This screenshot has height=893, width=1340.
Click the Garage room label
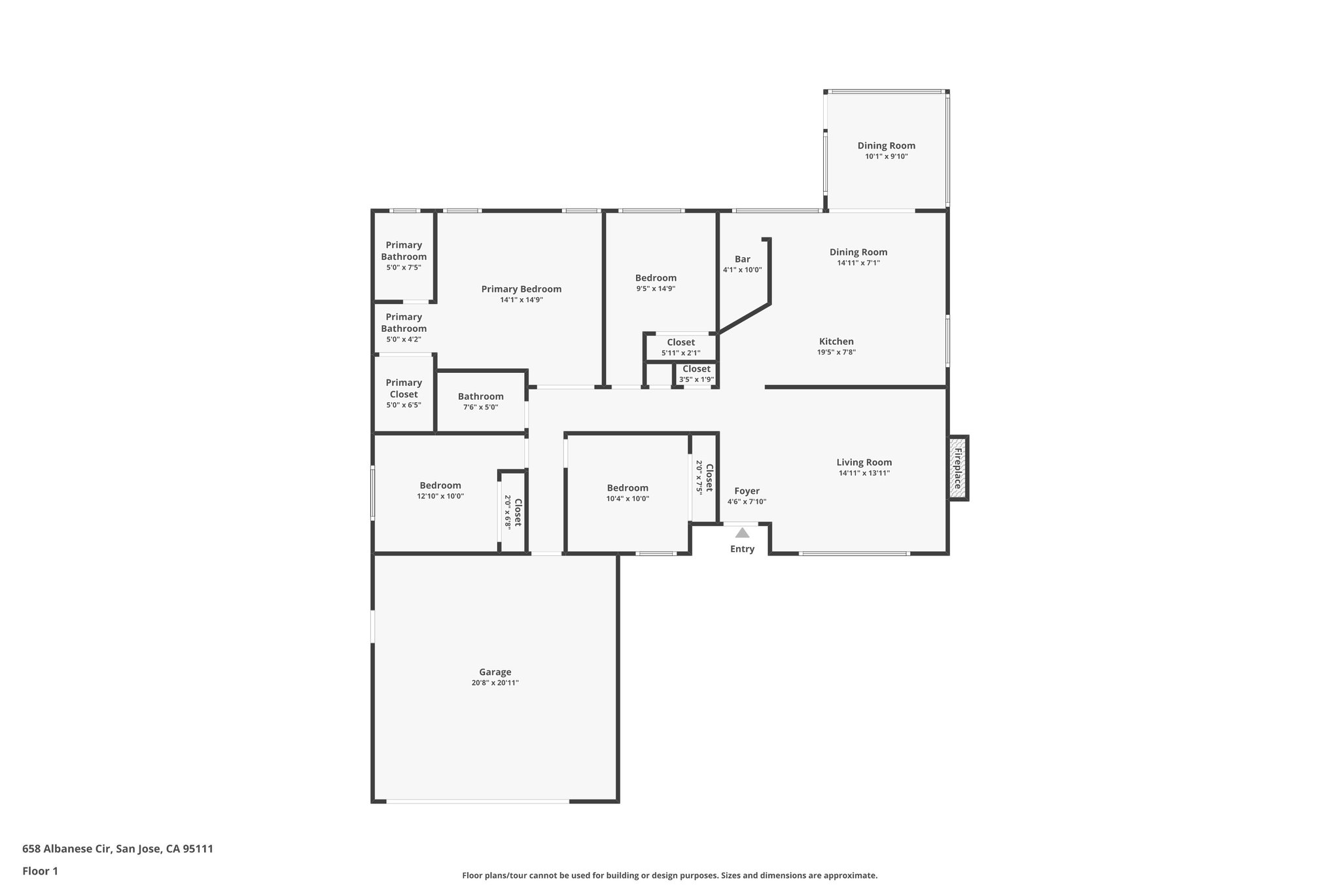tap(495, 672)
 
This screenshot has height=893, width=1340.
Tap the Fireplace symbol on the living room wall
tap(958, 468)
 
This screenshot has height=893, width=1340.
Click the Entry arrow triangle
tap(742, 533)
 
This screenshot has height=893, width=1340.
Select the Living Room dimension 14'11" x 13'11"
tap(864, 473)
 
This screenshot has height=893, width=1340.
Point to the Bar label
tap(742, 259)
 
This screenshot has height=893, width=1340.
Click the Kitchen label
tap(836, 341)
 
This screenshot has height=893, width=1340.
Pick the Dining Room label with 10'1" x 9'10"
tap(886, 146)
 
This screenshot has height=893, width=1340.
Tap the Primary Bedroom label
tap(521, 289)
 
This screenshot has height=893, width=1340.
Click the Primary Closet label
tap(404, 389)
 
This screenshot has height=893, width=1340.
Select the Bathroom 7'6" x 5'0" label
tap(480, 396)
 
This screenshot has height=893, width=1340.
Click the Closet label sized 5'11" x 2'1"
tap(680, 343)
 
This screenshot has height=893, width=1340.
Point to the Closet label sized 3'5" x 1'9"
tap(696, 369)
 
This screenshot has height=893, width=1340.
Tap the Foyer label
tap(747, 491)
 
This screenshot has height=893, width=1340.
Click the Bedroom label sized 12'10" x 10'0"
tap(440, 485)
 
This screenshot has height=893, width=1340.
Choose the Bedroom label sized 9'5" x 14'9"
tap(656, 278)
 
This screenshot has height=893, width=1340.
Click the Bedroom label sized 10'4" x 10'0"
tap(627, 488)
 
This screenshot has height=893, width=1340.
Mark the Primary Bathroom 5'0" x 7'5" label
tap(404, 251)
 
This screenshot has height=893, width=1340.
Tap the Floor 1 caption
tap(40, 871)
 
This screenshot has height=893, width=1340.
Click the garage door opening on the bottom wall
tap(478, 801)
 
